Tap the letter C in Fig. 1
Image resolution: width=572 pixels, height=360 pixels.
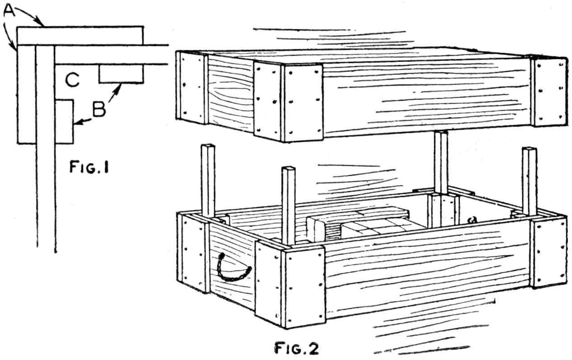[x=72, y=81]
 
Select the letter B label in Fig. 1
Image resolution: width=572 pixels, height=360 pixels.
[x=99, y=109]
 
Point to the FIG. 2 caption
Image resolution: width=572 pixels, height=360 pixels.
[x=297, y=348]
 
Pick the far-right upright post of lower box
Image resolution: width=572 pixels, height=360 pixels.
[x=529, y=181]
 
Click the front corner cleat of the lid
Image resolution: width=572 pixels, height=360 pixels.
[x=288, y=102]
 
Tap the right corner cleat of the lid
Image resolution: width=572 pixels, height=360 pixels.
[x=549, y=92]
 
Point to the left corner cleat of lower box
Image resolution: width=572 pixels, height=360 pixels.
[x=192, y=253]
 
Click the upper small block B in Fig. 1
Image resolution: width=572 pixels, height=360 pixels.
[x=121, y=74]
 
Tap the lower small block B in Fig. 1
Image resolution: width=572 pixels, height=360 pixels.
[x=64, y=122]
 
